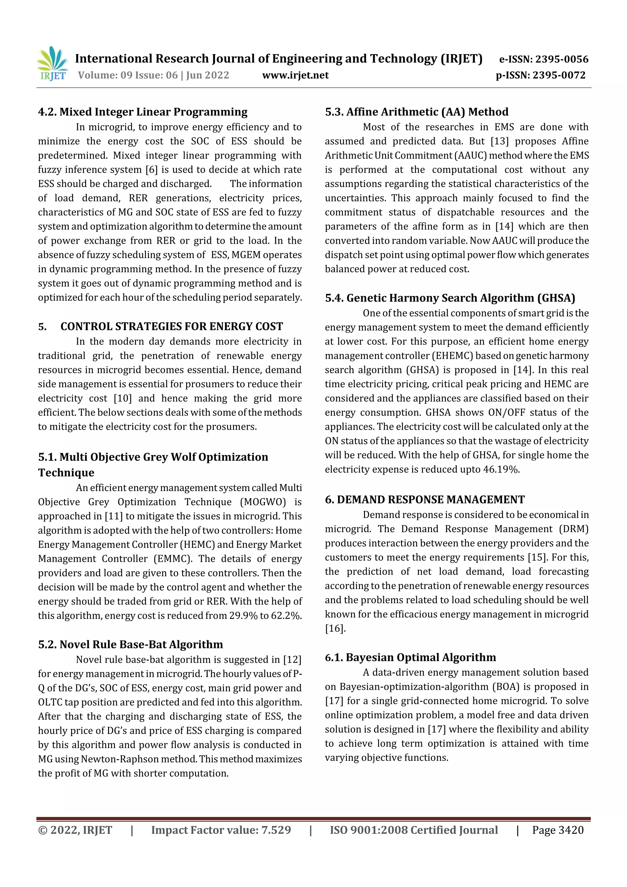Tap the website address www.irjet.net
(x=295, y=75)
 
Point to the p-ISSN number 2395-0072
(x=559, y=75)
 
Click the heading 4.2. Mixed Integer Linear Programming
(x=143, y=112)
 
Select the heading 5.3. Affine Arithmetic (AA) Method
(x=416, y=112)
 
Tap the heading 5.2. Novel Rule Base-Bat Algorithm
(x=131, y=645)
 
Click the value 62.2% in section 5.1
(x=286, y=615)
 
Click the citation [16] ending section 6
(x=335, y=629)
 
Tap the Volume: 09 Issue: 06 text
(x=127, y=75)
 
